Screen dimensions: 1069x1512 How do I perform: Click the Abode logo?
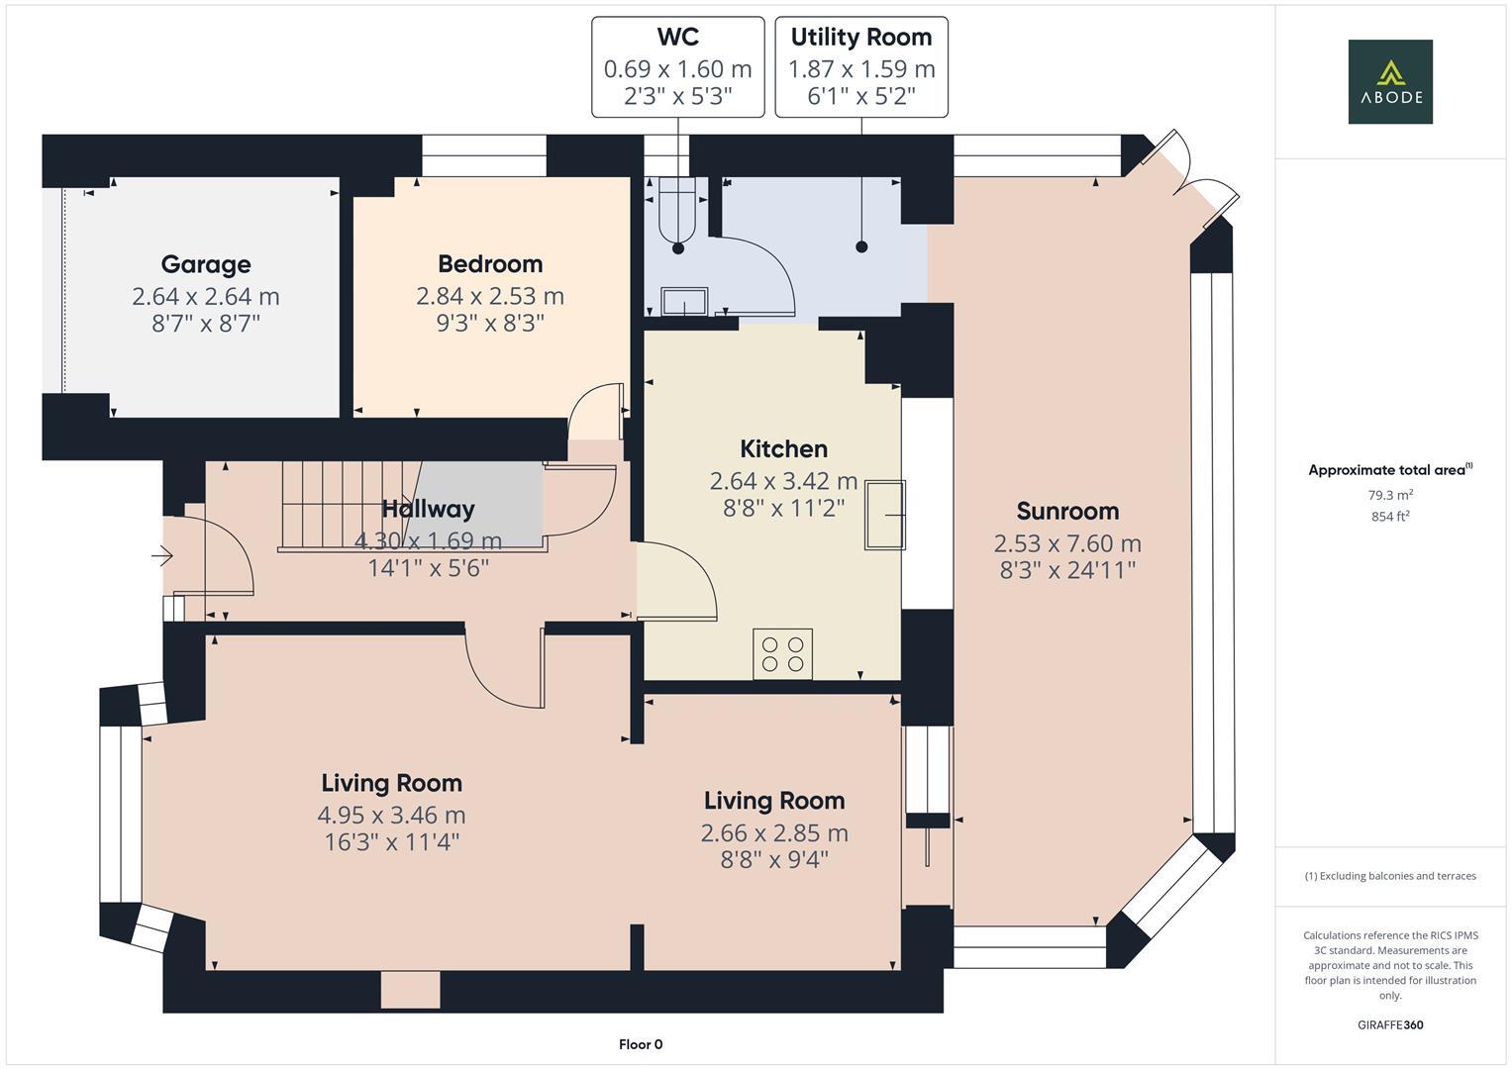tap(1389, 81)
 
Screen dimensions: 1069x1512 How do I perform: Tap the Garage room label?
tap(206, 264)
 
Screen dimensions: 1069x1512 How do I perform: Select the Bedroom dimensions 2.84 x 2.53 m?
tap(490, 296)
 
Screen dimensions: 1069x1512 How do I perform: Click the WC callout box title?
tap(677, 37)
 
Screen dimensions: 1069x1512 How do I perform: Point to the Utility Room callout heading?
tap(860, 37)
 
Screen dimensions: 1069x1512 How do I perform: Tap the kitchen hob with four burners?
tap(782, 653)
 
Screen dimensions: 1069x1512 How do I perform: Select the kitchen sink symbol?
tap(883, 515)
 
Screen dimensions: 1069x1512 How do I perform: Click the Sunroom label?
tap(1067, 511)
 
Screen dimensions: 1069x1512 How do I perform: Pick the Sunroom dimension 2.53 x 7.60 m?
tap(1067, 543)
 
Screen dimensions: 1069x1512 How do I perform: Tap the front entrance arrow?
tap(161, 557)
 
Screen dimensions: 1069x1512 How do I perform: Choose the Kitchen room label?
tap(783, 448)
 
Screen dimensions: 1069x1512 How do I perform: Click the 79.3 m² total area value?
tap(1389, 495)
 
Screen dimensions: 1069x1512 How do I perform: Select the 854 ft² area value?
tap(1389, 516)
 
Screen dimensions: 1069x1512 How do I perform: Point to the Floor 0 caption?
tap(640, 1044)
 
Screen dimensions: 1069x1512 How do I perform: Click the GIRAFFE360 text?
tap(1389, 1024)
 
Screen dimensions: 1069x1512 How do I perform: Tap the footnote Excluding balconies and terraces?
tap(1389, 876)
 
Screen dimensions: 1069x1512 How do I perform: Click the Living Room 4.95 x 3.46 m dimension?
tap(391, 815)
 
